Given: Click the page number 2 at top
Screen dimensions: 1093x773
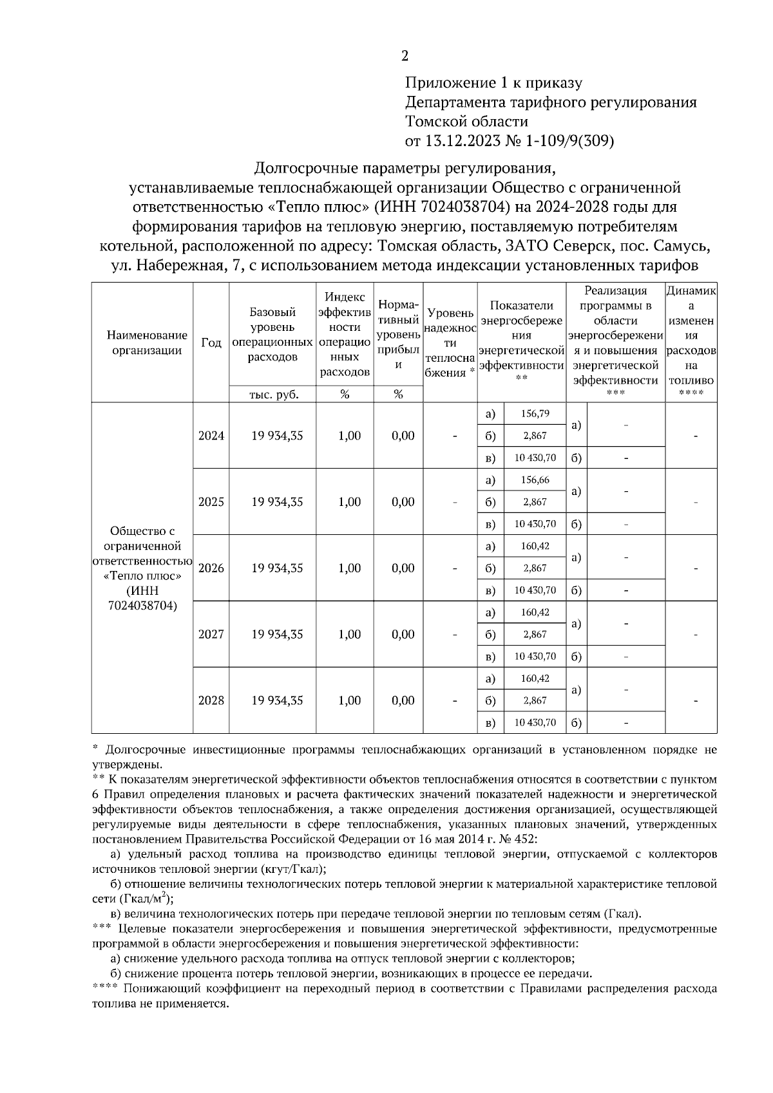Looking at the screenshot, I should [405, 56].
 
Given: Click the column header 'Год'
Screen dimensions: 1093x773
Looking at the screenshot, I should [211, 342].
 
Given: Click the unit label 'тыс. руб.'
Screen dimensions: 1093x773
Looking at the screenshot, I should [273, 395].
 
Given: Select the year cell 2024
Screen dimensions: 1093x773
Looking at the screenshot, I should [211, 436].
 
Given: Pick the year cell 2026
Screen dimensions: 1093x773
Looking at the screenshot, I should [211, 568].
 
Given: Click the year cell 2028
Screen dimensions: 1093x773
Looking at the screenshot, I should [211, 700].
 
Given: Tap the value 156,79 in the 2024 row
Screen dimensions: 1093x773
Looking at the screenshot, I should [535, 414].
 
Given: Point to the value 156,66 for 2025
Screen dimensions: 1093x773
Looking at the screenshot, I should [535, 480].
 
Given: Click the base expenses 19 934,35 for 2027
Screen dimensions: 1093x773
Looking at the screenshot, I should [277, 635].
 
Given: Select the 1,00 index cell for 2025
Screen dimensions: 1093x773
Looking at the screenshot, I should [349, 502].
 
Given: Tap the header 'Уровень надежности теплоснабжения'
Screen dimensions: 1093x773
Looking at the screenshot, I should [450, 342].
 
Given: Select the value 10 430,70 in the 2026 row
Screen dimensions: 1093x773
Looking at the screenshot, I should [535, 590].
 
